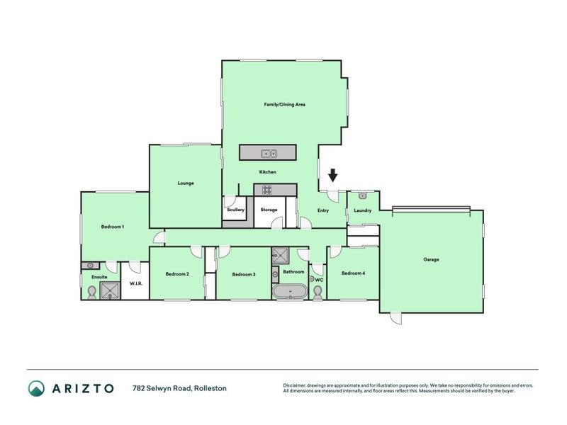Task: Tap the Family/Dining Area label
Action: [284, 104]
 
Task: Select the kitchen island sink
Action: [268, 152]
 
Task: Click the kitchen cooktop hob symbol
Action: [268, 189]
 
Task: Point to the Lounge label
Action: [186, 183]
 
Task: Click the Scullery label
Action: [235, 210]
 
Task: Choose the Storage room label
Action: [269, 210]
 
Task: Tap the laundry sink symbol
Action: [362, 195]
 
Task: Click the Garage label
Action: [431, 259]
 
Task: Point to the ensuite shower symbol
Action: [111, 289]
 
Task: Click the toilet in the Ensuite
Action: [91, 292]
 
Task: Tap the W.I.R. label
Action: [136, 283]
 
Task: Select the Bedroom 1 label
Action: [113, 227]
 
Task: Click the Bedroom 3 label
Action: [244, 273]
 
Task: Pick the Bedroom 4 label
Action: [353, 273]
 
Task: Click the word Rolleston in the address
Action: [212, 388]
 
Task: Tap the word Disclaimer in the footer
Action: [296, 385]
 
